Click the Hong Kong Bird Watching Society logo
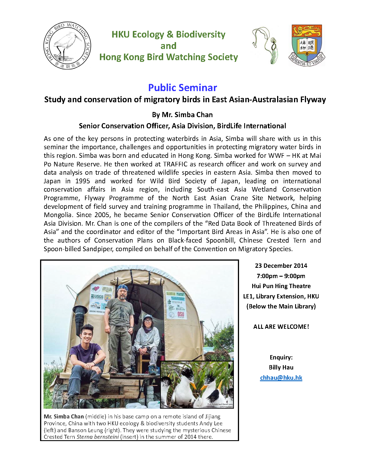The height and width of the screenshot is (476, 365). tap(67, 45)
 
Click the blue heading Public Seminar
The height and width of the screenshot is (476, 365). tap(182, 87)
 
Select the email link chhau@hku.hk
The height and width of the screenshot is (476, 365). tap(281, 377)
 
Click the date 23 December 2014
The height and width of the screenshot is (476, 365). tap(281, 265)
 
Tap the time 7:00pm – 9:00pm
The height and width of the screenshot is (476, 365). tap(281, 276)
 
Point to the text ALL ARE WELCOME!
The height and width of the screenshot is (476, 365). tap(281, 326)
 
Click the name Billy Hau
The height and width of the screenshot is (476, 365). tap(281, 367)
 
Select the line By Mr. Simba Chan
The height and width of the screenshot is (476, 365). tap(182, 115)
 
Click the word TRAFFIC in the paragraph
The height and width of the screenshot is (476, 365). tap(175, 164)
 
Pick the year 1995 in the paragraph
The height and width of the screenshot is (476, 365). tap(82, 181)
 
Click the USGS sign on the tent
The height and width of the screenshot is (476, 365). tap(97, 297)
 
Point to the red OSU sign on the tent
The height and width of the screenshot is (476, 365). tap(181, 314)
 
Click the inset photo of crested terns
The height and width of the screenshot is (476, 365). tap(197, 384)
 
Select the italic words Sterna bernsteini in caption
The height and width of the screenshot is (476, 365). tap(98, 437)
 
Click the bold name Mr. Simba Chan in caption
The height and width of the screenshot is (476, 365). tap(64, 416)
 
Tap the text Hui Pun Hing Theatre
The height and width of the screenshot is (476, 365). tap(281, 286)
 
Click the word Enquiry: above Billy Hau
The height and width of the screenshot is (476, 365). tap(281, 357)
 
